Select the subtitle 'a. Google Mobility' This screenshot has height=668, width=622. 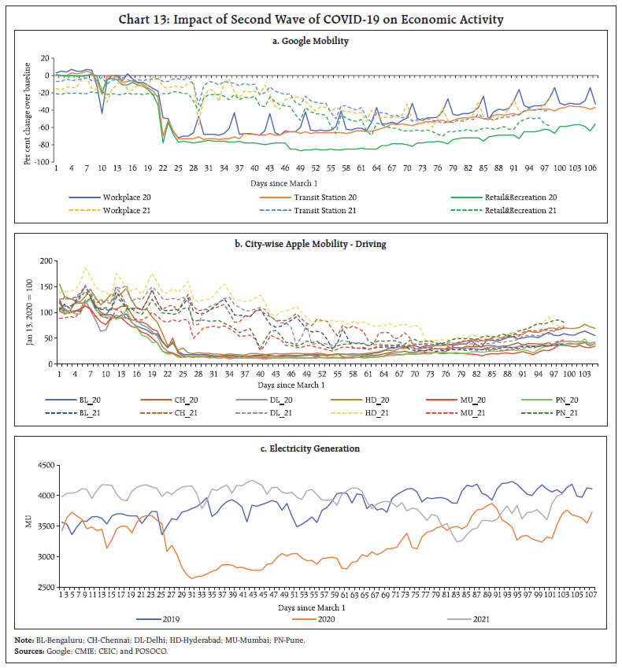(310, 39)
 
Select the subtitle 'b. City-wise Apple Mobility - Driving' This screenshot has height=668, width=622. (310, 243)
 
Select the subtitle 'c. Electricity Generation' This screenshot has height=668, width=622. (310, 448)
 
